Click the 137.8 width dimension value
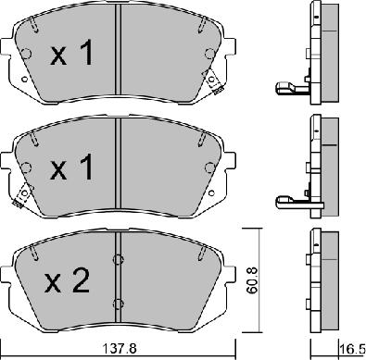(x=119, y=350)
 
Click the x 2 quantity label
(x=68, y=280)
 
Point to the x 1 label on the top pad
(x=71, y=53)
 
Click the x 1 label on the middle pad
(x=71, y=167)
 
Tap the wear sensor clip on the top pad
(x=213, y=81)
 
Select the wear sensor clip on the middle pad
(x=22, y=195)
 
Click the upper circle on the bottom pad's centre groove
(x=119, y=260)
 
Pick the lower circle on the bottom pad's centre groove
(x=119, y=304)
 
